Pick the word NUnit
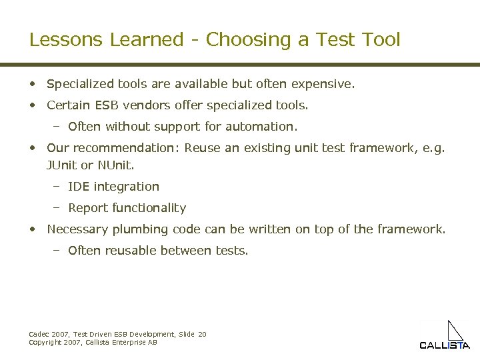tap(115, 164)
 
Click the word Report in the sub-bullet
tap(88, 208)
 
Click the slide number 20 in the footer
tap(202, 334)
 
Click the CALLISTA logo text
tap(444, 345)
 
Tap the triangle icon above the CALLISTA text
tap(455, 331)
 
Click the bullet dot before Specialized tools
tap(33, 85)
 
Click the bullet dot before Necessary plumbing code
tap(33, 229)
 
